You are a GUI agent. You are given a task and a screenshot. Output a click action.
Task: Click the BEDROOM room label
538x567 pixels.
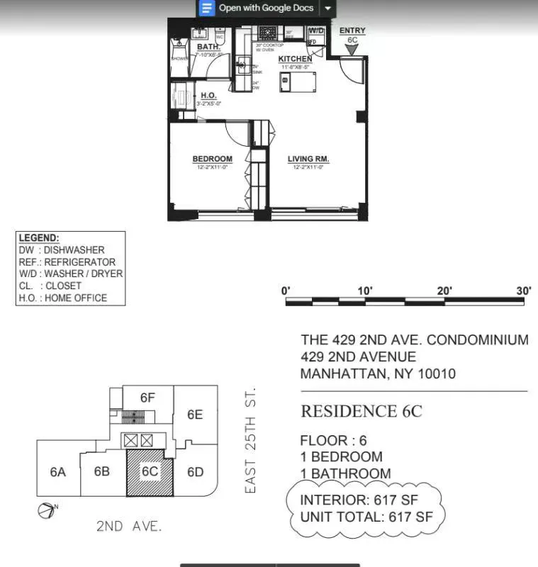212,159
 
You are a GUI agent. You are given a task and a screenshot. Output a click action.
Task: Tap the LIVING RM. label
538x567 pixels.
308,159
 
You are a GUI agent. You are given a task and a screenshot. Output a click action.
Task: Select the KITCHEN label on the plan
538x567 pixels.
294,59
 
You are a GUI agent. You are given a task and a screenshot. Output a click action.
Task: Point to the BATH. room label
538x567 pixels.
208,47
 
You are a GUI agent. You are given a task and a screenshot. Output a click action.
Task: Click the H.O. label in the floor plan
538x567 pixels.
208,96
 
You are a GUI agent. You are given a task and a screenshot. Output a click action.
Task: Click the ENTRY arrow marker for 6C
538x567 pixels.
352,49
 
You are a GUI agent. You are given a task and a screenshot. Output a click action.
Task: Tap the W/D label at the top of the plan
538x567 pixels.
316,31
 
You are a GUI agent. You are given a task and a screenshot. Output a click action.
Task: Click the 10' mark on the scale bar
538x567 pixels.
365,291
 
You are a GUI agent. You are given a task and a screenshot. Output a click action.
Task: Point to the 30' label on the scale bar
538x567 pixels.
524,291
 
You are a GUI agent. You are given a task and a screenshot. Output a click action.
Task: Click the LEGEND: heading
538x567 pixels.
39,238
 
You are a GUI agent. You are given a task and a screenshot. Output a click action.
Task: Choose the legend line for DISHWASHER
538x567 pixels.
62,250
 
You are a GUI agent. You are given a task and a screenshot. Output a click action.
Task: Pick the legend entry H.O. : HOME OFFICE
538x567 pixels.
63,298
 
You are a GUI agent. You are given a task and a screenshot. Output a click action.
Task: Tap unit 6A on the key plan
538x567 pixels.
58,471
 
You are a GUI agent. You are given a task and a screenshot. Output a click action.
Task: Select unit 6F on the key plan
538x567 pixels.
147,398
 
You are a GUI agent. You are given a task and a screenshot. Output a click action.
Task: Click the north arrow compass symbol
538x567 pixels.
46,509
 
